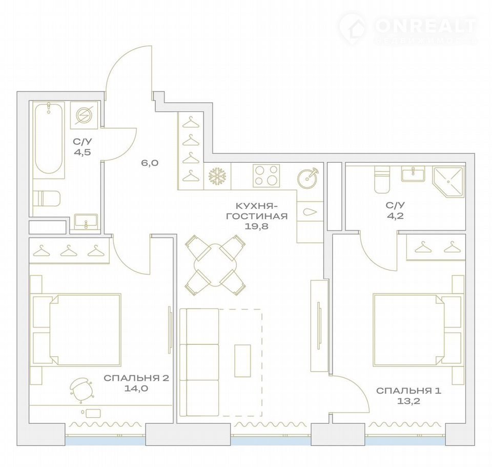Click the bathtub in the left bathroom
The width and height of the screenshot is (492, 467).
pyautogui.click(x=49, y=138)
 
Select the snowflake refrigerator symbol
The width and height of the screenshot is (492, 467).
pyautogui.click(x=217, y=176)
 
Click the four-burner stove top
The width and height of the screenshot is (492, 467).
pyautogui.click(x=266, y=176)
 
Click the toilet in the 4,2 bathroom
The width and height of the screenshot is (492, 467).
pyautogui.click(x=382, y=179)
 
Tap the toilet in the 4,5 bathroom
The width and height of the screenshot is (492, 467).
pyautogui.click(x=47, y=198)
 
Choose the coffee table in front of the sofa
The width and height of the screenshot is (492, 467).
pyautogui.click(x=242, y=360)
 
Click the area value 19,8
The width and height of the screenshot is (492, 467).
pyautogui.click(x=257, y=226)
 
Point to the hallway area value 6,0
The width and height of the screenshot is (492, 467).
pyautogui.click(x=150, y=163)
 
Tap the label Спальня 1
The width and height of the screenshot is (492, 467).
pyautogui.click(x=408, y=391)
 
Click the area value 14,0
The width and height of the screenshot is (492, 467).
pyautogui.click(x=136, y=388)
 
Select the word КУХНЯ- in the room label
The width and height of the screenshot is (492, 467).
pyautogui.click(x=257, y=206)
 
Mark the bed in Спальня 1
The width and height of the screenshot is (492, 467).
pyautogui.click(x=419, y=329)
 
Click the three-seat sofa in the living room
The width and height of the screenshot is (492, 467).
pyautogui.click(x=199, y=362)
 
